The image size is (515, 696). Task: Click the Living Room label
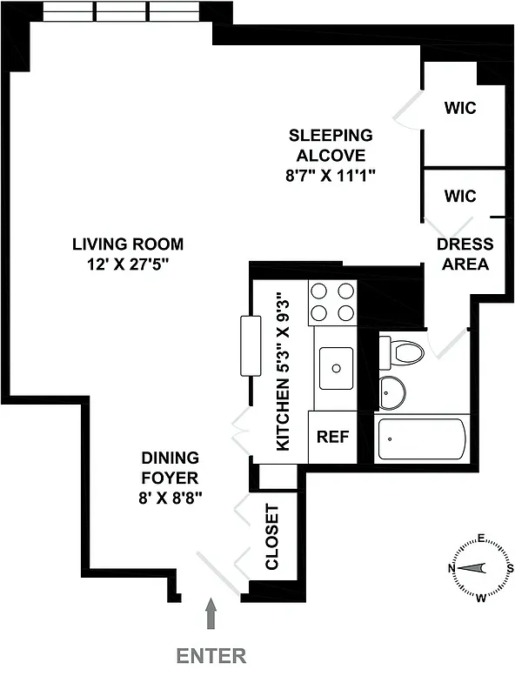tap(128, 244)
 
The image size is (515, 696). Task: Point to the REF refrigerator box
tap(332, 437)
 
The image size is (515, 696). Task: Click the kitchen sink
tap(335, 368)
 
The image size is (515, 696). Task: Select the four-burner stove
tap(333, 302)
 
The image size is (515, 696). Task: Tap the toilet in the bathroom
tap(403, 352)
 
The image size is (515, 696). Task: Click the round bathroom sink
tap(392, 391)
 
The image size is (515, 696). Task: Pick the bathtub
tap(422, 440)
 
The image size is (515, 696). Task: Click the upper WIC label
tap(460, 109)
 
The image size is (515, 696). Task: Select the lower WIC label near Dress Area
tap(460, 196)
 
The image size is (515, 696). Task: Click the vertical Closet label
tap(271, 537)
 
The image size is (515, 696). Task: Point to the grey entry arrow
tap(210, 615)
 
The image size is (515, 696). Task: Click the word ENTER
tap(211, 656)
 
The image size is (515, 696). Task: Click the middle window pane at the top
tap(122, 11)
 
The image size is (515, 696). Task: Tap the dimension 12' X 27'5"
tap(128, 264)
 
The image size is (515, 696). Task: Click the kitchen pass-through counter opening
tap(251, 346)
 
